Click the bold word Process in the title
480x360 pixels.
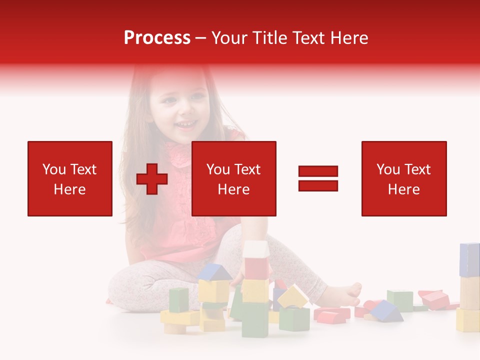157,38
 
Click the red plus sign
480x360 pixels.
152,179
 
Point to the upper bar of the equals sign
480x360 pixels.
318,171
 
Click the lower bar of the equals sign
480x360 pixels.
318,186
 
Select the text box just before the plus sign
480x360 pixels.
70,178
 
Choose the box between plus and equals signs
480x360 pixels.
234,178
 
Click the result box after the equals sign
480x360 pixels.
404,178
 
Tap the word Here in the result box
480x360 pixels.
404,189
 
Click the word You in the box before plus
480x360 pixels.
53,169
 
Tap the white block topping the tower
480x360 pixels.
256,248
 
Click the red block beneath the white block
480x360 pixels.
256,268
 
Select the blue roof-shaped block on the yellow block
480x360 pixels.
214,272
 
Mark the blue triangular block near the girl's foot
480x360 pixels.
386,311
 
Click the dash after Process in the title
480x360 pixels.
200,38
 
